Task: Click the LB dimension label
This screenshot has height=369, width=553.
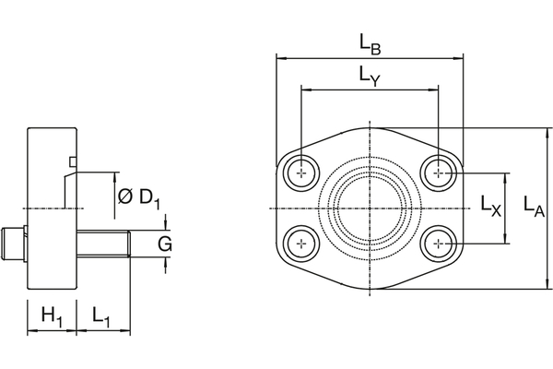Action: pyautogui.click(x=370, y=42)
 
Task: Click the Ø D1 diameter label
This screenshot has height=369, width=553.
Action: pyautogui.click(x=140, y=196)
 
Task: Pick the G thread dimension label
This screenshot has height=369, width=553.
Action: pyautogui.click(x=165, y=244)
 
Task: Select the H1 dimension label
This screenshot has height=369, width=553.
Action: pyautogui.click(x=53, y=316)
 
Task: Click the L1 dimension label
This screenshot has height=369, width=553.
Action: pyautogui.click(x=102, y=316)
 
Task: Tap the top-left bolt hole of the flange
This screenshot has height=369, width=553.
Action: pyautogui.click(x=301, y=173)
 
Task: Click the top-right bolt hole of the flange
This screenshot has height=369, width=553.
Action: pyautogui.click(x=439, y=173)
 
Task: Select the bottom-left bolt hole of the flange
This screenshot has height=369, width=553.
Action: pyautogui.click(x=301, y=244)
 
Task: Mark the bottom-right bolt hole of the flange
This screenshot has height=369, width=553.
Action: pyautogui.click(x=439, y=244)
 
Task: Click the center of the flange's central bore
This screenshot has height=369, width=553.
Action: pyautogui.click(x=370, y=208)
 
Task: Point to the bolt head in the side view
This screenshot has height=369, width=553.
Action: pyautogui.click(x=14, y=242)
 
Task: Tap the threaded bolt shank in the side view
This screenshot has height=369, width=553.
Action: pyautogui.click(x=103, y=243)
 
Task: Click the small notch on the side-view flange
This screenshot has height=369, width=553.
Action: pyautogui.click(x=72, y=162)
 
